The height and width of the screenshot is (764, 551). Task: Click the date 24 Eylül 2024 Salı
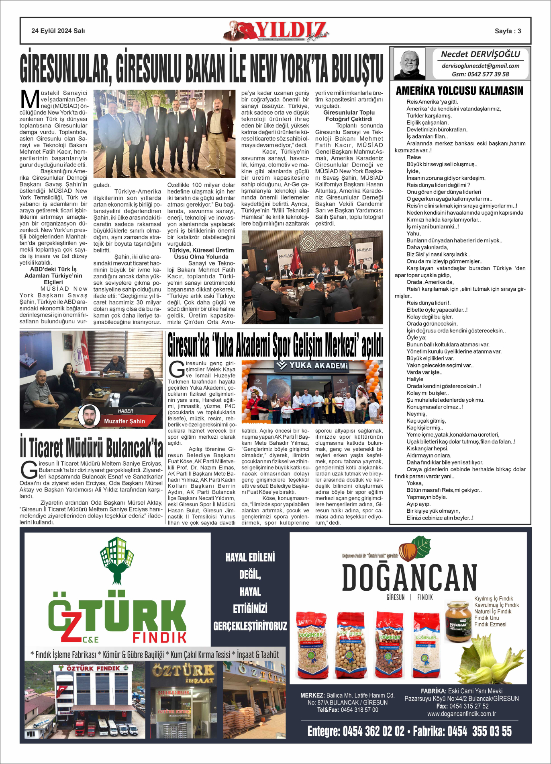[58, 31]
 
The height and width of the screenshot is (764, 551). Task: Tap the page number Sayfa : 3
[508, 31]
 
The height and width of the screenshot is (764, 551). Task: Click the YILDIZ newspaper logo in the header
[277, 31]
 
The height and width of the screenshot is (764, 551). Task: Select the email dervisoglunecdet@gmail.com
[480, 66]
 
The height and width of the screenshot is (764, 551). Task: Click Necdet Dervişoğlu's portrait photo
[409, 64]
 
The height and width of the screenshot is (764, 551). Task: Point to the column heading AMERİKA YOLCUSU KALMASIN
[459, 91]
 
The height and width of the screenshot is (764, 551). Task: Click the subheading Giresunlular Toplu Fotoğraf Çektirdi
[349, 116]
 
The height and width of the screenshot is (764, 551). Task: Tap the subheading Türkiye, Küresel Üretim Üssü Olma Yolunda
[201, 253]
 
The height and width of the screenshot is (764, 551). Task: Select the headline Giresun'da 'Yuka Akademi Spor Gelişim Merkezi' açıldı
[275, 345]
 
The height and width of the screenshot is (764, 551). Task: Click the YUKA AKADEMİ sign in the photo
[313, 366]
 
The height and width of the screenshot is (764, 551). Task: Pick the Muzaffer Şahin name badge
[124, 421]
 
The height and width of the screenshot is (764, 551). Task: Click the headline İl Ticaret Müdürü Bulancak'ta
[92, 448]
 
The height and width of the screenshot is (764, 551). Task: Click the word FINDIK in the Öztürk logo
[160, 637]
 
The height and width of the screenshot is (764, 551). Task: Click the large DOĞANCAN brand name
[410, 578]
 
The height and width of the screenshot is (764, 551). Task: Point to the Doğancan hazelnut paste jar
[458, 621]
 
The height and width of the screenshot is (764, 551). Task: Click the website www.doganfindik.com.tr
[461, 714]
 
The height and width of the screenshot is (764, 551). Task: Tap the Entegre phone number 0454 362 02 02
[356, 731]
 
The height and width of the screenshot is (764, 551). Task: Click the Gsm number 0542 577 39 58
[480, 74]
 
